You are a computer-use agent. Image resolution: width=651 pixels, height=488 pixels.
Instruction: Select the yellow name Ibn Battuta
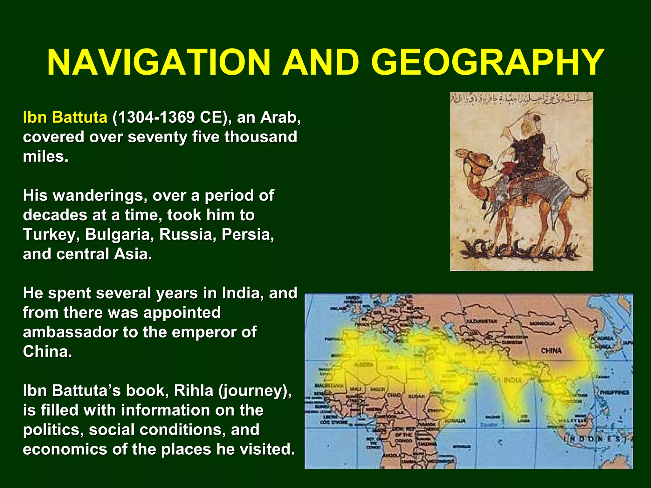65,117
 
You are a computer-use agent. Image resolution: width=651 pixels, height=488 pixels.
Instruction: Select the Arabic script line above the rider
521,98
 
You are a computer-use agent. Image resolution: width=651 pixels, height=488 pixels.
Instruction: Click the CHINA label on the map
551,351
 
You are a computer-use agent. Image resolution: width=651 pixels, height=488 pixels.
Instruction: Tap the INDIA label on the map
513,380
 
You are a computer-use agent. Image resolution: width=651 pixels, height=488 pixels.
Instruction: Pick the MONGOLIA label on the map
542,324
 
